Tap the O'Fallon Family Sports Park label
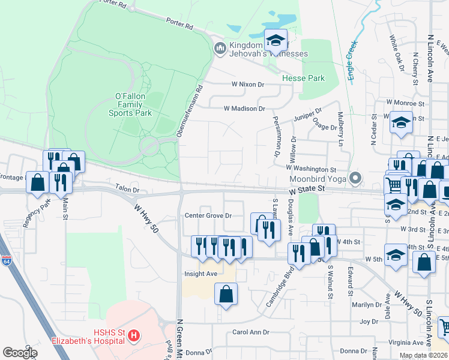click(x=130, y=104)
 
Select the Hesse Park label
click(x=303, y=78)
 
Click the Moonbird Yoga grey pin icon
click(x=355, y=178)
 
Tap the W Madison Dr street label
click(x=244, y=109)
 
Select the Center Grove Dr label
click(x=208, y=215)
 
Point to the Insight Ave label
click(x=200, y=274)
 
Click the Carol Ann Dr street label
click(x=249, y=332)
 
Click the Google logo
click(x=20, y=352)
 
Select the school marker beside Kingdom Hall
click(x=276, y=41)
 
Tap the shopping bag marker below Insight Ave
click(x=226, y=295)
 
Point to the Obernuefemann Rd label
click(x=189, y=112)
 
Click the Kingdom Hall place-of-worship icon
click(x=220, y=47)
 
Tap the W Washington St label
click(x=310, y=170)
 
